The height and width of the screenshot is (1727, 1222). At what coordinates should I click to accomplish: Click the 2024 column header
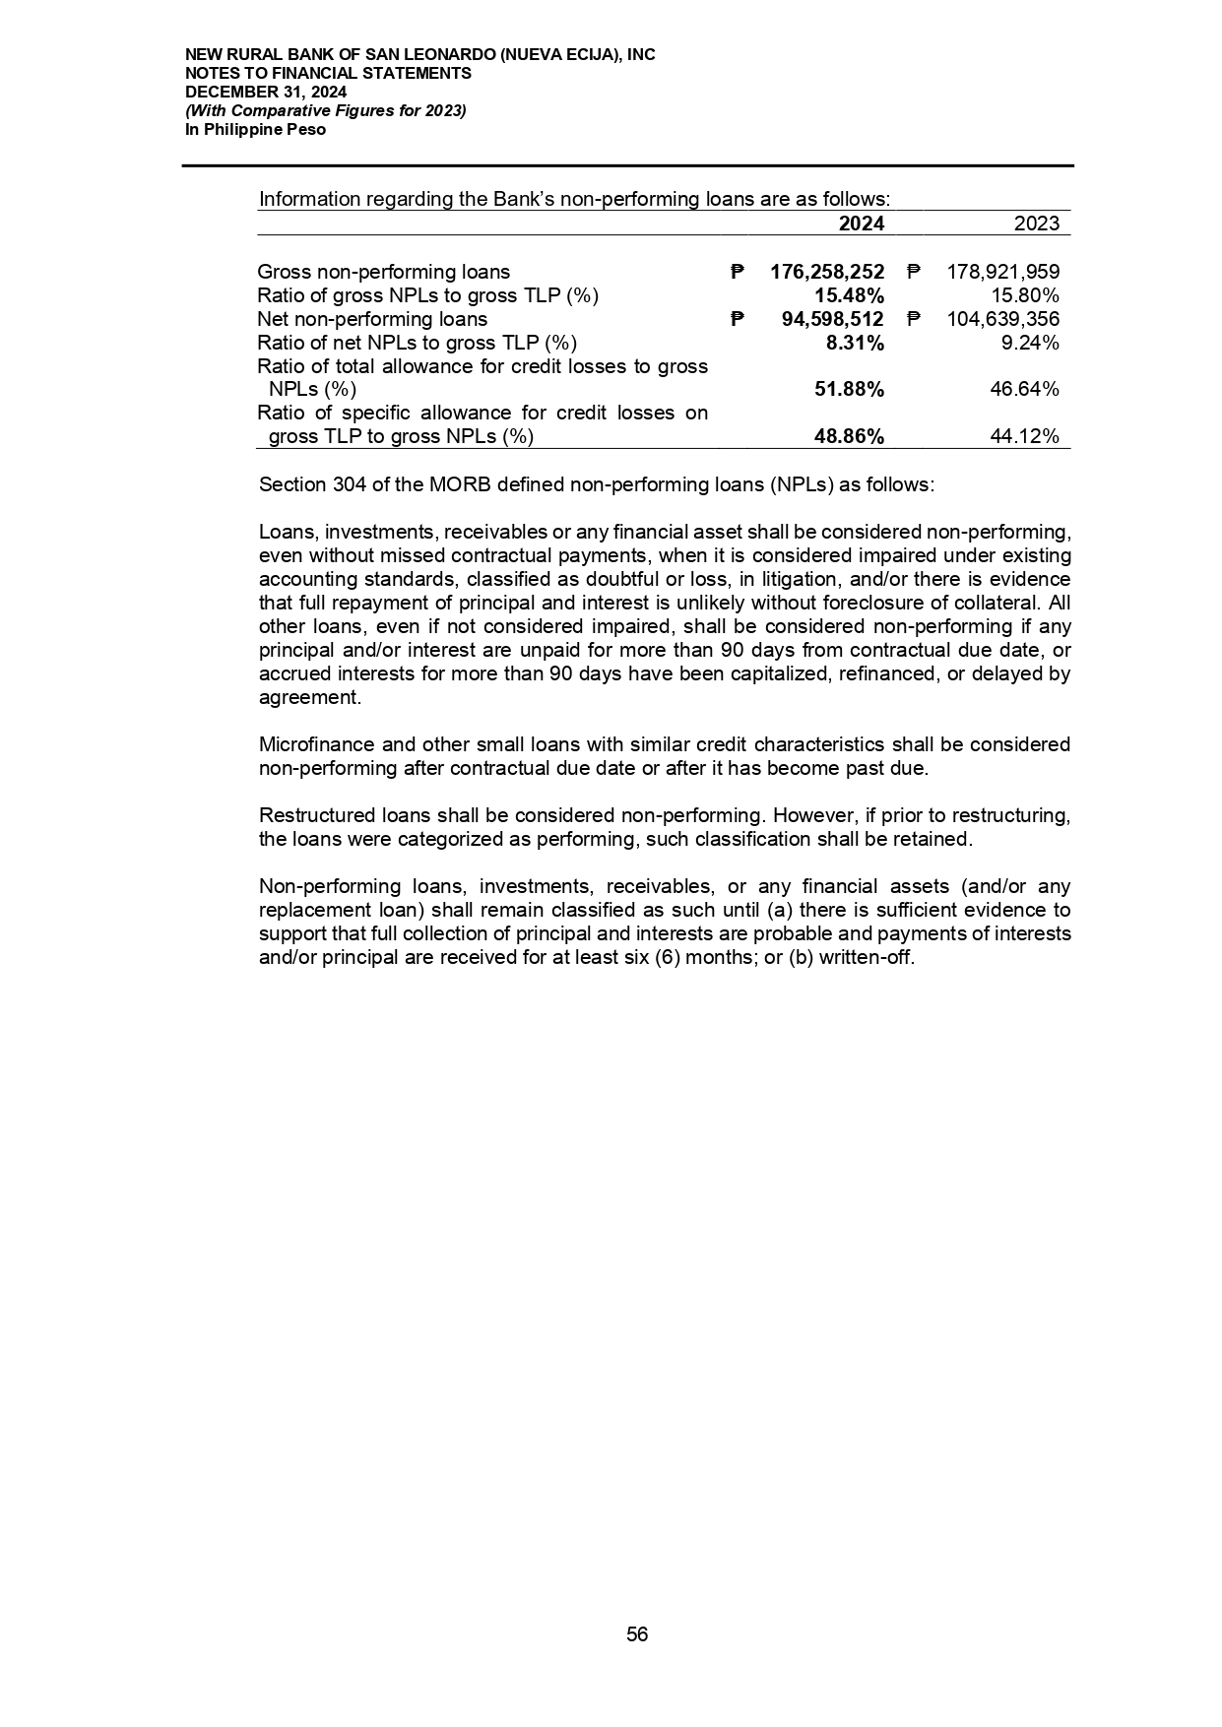(x=861, y=224)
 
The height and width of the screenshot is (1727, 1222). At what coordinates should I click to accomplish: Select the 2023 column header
(x=1036, y=224)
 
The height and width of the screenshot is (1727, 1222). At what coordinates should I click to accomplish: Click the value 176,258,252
(x=827, y=272)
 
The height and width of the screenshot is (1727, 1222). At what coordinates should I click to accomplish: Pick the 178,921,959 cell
(x=1002, y=272)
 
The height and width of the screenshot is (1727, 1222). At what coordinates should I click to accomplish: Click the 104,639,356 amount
(x=1002, y=319)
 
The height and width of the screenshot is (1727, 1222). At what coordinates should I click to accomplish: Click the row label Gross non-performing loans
(x=383, y=272)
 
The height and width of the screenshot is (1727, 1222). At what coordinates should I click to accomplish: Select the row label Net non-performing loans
(x=371, y=319)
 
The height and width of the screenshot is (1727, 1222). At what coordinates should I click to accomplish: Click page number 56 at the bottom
(x=637, y=1634)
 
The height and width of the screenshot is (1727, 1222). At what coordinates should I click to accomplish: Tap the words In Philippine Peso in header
(x=255, y=130)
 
